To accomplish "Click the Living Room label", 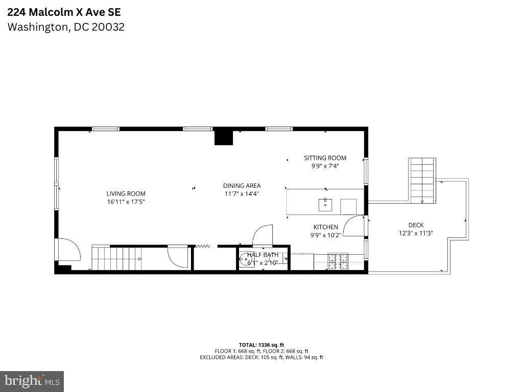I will [126, 193].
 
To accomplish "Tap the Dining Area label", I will [242, 186].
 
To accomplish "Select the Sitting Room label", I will [325, 158].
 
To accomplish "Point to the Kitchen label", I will [325, 227].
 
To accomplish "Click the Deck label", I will [416, 225].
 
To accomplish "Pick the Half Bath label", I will [263, 255].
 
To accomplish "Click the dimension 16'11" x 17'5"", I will [126, 202].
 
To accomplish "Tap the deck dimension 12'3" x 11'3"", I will [416, 233].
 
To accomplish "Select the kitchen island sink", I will [325, 205].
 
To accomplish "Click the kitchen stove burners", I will [338, 261].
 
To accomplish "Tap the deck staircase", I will [422, 180].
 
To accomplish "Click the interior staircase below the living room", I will [115, 258].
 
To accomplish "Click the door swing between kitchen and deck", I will [353, 226].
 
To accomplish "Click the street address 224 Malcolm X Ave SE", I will [64, 12].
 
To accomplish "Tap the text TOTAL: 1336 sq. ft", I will [261, 345].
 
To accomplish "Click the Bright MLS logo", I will [32, 381].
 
